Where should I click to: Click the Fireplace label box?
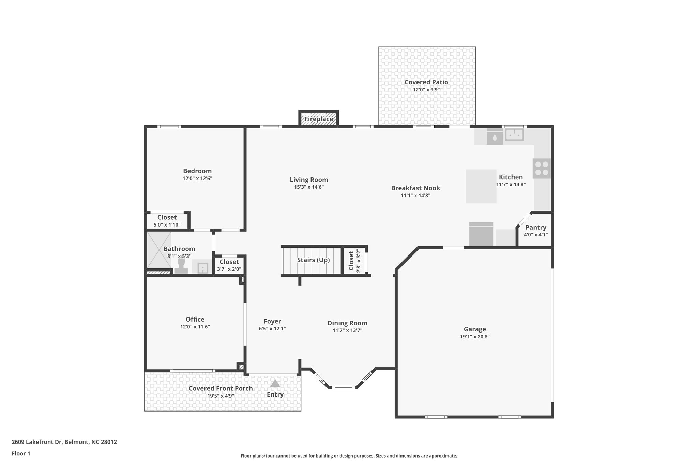pyautogui.click(x=319, y=119)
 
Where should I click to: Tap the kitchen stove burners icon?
pyautogui.click(x=542, y=168)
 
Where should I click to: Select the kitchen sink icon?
pyautogui.click(x=514, y=135)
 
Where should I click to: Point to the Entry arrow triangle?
pyautogui.click(x=275, y=384)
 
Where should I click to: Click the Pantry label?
pyautogui.click(x=535, y=227)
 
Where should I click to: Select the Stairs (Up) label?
pyautogui.click(x=313, y=260)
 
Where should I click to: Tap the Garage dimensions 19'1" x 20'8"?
pyautogui.click(x=474, y=337)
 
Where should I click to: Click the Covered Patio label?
pyautogui.click(x=426, y=82)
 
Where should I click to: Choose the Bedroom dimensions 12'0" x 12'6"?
pyautogui.click(x=197, y=178)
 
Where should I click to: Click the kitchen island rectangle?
pyautogui.click(x=481, y=186)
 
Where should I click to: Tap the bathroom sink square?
pyautogui.click(x=202, y=267)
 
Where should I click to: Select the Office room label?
pyautogui.click(x=195, y=319)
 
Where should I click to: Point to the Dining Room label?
pyautogui.click(x=347, y=323)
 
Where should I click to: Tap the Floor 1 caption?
pyautogui.click(x=21, y=453)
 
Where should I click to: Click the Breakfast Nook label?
pyautogui.click(x=415, y=188)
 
